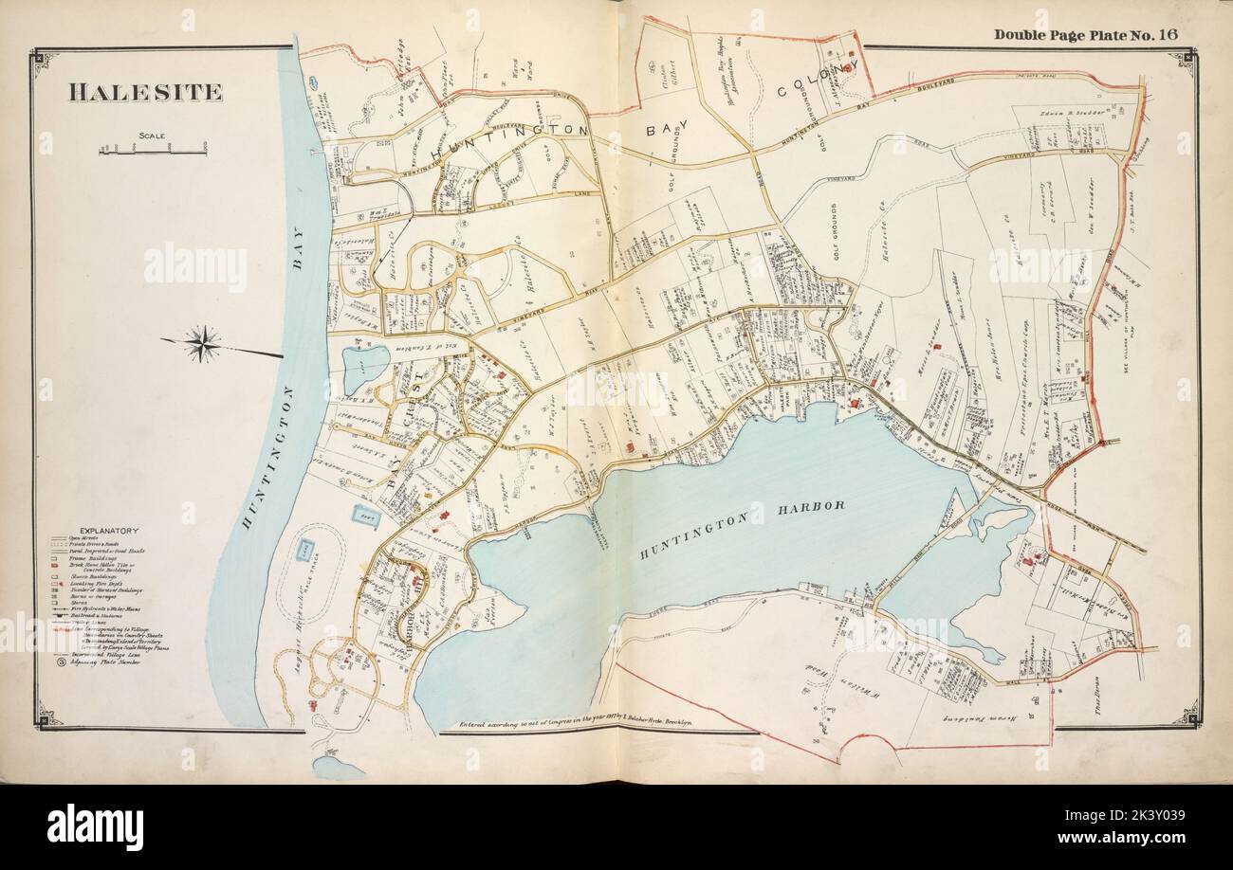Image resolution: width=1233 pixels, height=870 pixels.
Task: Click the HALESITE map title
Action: click(x=145, y=92)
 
